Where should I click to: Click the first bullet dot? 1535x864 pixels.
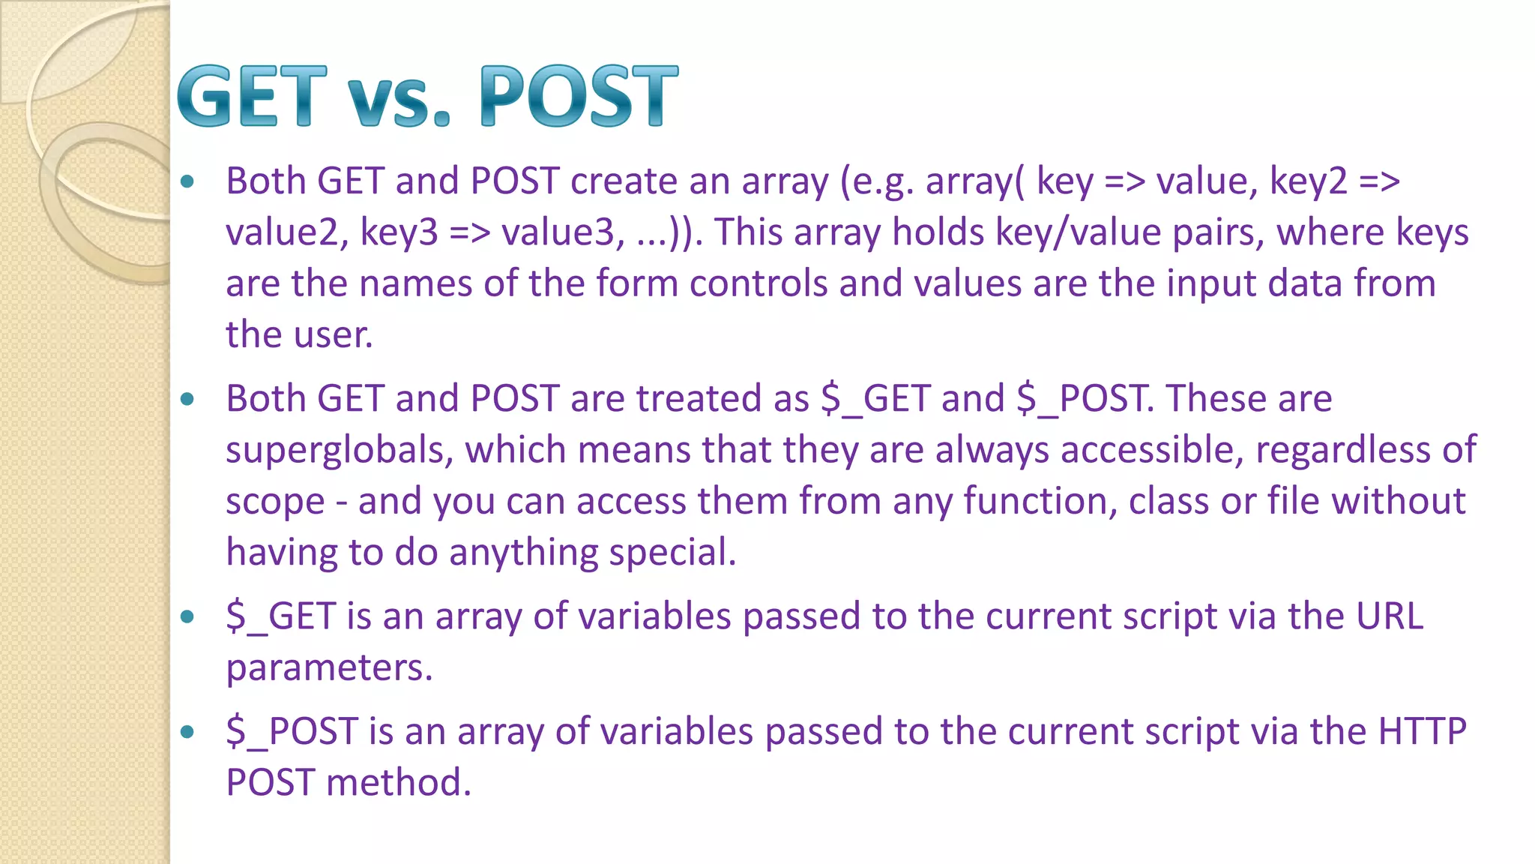point(187,181)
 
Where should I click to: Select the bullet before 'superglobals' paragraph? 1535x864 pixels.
point(187,398)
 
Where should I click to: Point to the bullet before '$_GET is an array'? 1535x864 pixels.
point(187,616)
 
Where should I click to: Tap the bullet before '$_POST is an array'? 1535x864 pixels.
point(187,731)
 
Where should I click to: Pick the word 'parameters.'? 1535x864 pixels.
point(330,668)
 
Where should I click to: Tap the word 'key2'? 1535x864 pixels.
point(1309,181)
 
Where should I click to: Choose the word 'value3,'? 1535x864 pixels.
point(563,232)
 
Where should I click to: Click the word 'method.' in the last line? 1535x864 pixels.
point(398,782)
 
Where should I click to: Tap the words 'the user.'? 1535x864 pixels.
point(299,334)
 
